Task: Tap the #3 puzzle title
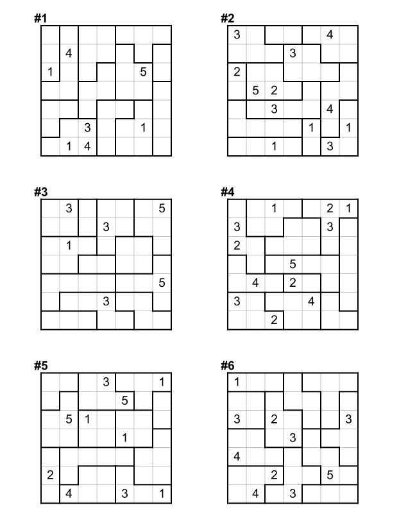click(x=40, y=192)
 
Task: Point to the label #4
click(x=227, y=192)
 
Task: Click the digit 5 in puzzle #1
click(x=143, y=73)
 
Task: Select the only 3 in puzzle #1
click(x=87, y=128)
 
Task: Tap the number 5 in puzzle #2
click(x=255, y=90)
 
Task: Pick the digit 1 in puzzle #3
click(x=69, y=245)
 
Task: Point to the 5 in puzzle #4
click(x=293, y=264)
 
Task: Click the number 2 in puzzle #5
click(x=50, y=475)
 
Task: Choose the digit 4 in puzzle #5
click(x=69, y=493)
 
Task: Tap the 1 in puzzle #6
click(x=237, y=383)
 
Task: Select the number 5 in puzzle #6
click(x=330, y=475)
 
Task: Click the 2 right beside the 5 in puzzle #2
click(x=274, y=90)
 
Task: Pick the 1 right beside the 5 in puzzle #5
click(x=87, y=420)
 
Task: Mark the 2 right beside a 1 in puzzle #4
click(x=330, y=208)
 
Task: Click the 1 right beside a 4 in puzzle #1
click(x=69, y=146)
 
